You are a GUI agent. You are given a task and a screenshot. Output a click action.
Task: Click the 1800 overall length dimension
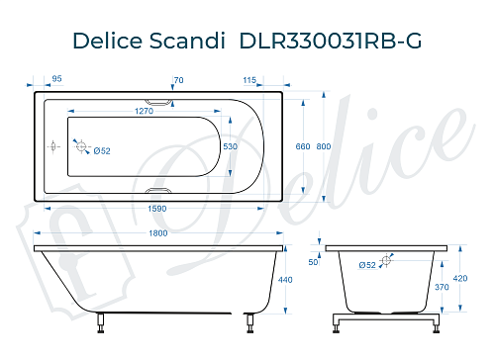coord(157,233)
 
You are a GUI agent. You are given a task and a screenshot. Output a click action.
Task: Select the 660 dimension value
coord(304,146)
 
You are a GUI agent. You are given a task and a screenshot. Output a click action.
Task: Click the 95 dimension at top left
coord(56,77)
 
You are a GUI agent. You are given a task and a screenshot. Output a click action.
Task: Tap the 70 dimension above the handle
coord(178,78)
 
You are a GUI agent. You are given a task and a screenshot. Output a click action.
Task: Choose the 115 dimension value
coord(248,78)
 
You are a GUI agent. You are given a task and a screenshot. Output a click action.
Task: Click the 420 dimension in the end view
coord(458,278)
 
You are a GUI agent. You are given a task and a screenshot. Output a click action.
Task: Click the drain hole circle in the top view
coord(82,148)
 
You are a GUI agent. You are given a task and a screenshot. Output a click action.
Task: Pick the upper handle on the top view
coord(156,100)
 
